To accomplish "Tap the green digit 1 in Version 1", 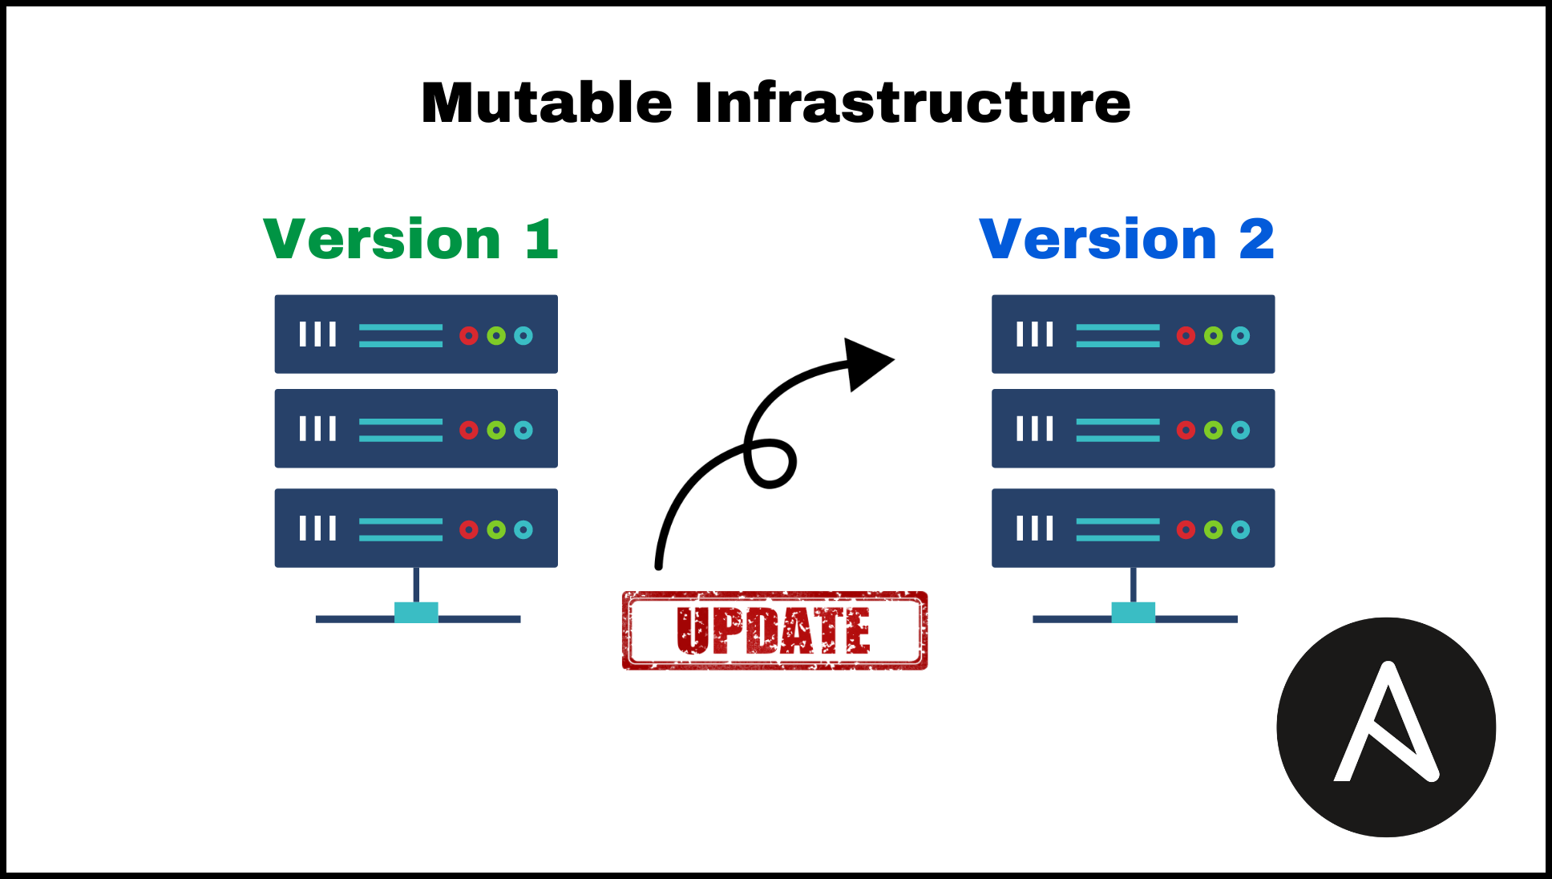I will [x=542, y=239].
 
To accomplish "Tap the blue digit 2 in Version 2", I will [x=1256, y=239].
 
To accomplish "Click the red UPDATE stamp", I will [x=774, y=630].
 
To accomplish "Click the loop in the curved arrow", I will [x=770, y=463].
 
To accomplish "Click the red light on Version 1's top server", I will [x=469, y=335].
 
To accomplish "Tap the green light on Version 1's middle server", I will [x=496, y=430].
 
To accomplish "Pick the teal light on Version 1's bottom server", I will [x=523, y=529].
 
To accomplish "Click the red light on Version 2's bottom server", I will [x=1186, y=529].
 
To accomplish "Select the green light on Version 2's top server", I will [x=1214, y=335].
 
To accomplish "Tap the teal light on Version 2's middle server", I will [x=1240, y=430].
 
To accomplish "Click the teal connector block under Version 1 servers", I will [x=416, y=613].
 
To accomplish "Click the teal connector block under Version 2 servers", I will [x=1133, y=613].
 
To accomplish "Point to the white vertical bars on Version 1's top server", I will [x=317, y=334].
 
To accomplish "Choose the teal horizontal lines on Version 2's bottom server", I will [x=1118, y=529].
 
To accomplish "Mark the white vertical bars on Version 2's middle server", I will [x=1035, y=429].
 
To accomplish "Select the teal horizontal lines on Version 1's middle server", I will [x=401, y=430].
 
